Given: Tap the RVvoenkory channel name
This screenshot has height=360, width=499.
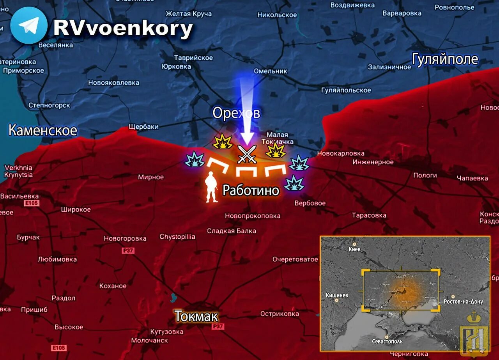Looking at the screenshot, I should [123, 28].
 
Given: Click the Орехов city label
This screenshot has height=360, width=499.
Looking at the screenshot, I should [236, 113].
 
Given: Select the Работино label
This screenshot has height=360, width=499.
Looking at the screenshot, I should [251, 190].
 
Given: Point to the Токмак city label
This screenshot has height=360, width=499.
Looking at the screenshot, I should [196, 316].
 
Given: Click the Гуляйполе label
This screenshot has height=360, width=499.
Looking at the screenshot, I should [445, 59].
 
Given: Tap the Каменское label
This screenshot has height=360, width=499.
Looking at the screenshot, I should [42, 130].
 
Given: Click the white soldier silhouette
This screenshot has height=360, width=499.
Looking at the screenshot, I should [212, 187].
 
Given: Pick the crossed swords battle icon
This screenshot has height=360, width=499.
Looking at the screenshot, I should [247, 154].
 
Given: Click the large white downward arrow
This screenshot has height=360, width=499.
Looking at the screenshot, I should [246, 113].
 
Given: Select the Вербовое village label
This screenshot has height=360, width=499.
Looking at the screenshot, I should [310, 203].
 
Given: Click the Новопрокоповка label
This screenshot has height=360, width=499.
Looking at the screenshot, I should [253, 216].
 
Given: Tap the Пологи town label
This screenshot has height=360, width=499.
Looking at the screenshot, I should [425, 175].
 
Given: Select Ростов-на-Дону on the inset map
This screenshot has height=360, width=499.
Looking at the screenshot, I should [463, 301].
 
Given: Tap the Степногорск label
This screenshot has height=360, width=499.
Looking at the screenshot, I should [49, 105].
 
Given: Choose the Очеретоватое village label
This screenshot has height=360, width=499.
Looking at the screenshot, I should [295, 259].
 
